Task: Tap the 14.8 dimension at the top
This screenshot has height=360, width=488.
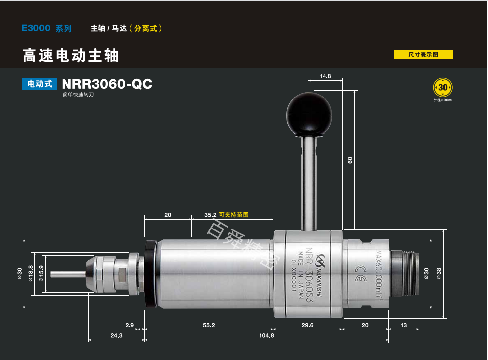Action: (325, 76)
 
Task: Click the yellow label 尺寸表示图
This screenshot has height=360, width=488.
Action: (423, 55)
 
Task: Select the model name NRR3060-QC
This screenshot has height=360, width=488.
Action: (107, 84)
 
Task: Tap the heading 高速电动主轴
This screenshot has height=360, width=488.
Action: (71, 56)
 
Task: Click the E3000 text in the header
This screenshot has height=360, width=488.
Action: (35, 28)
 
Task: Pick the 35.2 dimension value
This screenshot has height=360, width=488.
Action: (210, 215)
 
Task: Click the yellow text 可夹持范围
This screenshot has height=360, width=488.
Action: (234, 215)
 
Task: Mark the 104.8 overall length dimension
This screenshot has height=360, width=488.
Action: (266, 335)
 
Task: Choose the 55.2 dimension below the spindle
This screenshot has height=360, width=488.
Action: (209, 325)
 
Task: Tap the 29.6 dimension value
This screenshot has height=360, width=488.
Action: (307, 325)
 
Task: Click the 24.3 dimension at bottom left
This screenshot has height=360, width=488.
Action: (116, 335)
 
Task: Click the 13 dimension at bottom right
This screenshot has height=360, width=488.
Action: (403, 325)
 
